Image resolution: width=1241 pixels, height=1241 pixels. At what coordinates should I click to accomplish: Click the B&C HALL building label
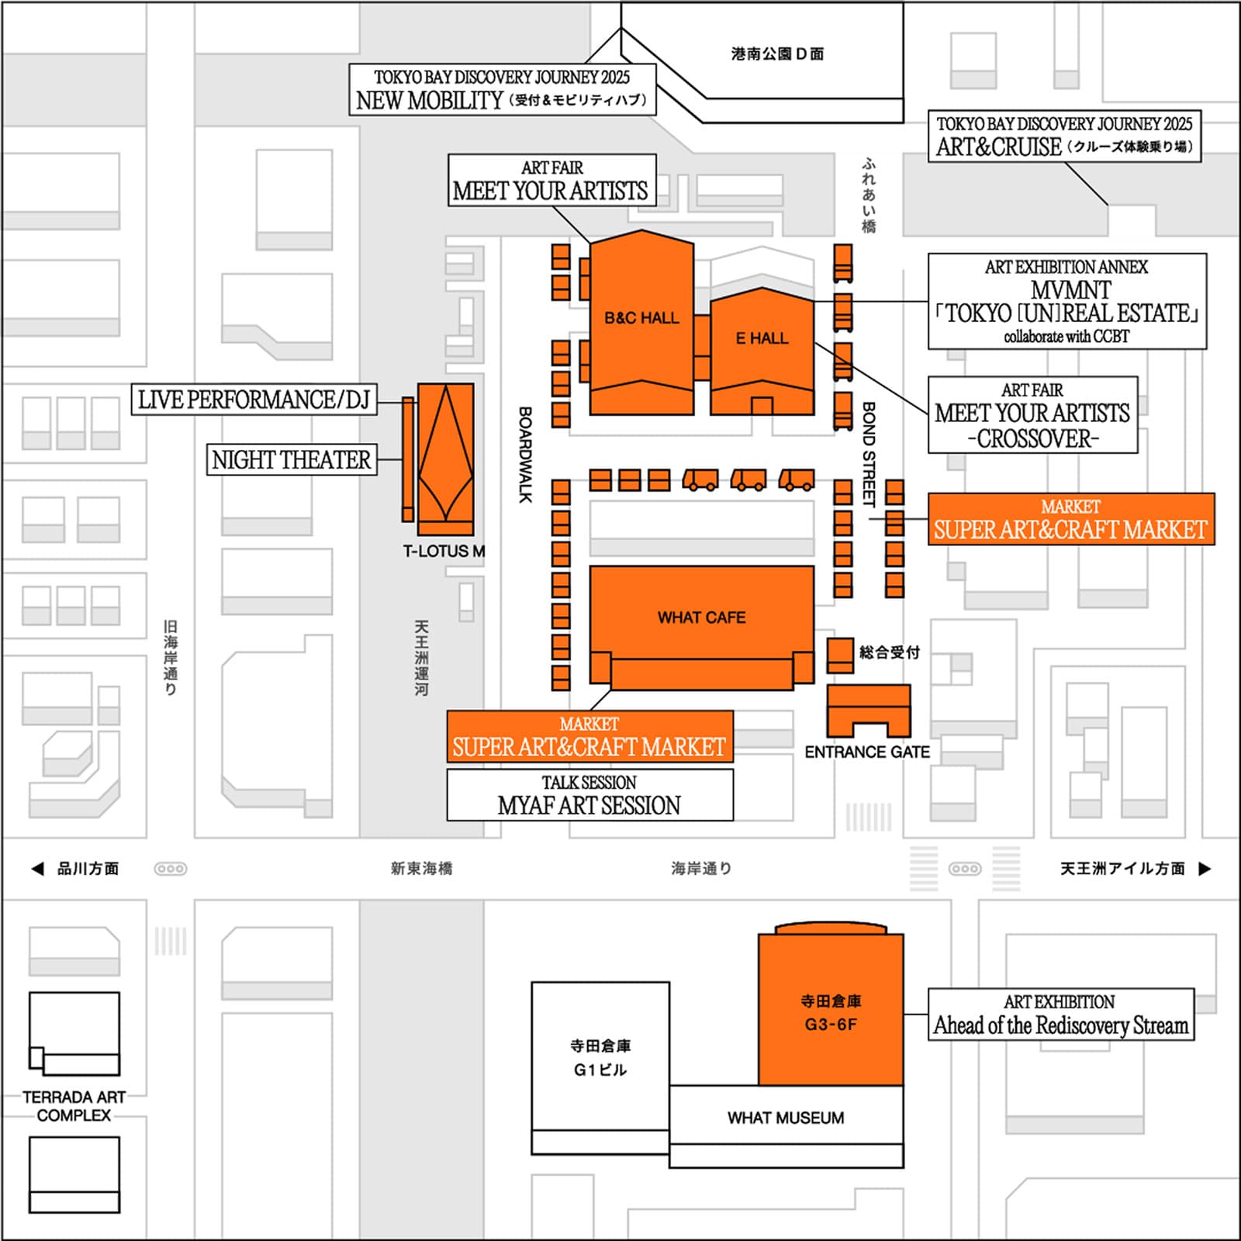click(x=641, y=318)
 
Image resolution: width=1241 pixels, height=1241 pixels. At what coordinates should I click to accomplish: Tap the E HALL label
click(x=762, y=338)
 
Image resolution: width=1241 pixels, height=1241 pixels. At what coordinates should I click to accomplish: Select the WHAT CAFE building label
click(x=701, y=617)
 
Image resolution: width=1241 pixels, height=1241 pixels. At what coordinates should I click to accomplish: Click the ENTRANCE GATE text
click(x=866, y=752)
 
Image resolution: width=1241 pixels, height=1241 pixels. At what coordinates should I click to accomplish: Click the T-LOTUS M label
click(x=444, y=551)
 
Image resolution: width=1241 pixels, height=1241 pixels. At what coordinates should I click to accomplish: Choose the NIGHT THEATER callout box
click(x=292, y=460)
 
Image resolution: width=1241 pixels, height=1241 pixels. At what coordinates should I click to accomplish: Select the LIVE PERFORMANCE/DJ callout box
click(x=254, y=400)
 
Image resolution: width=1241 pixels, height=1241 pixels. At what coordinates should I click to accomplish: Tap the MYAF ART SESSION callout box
click(x=589, y=795)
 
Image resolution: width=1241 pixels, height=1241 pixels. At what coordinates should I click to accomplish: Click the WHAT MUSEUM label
click(x=786, y=1118)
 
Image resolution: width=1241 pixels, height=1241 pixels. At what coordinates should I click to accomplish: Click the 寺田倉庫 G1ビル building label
click(x=600, y=1058)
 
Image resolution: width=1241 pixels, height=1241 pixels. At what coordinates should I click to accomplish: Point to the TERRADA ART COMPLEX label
click(x=74, y=1106)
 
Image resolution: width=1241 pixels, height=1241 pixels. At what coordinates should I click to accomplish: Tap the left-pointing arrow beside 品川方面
click(x=37, y=869)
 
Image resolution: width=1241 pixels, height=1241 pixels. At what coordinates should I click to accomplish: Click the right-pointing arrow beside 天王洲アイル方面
click(x=1205, y=869)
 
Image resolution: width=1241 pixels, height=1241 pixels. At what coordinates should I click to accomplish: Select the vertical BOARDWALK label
click(x=525, y=455)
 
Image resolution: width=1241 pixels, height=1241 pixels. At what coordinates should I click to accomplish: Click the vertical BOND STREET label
click(x=869, y=454)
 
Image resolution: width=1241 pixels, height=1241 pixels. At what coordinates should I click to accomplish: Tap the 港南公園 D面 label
click(x=777, y=54)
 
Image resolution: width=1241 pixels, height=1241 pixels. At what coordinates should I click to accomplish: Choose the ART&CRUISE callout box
click(x=1064, y=137)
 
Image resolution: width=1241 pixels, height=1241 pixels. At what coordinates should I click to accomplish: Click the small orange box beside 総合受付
click(x=840, y=654)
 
